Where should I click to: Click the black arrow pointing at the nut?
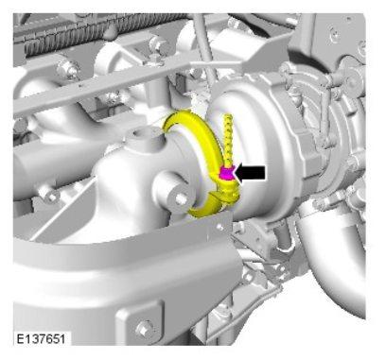(x=251, y=173)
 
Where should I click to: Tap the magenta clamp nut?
(x=225, y=174)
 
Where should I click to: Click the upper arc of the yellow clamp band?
(x=192, y=132)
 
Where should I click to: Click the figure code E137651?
(x=41, y=339)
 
